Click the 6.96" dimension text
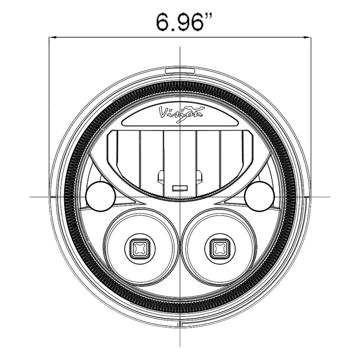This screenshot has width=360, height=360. (184, 22)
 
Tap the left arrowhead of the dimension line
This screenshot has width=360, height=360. (53, 37)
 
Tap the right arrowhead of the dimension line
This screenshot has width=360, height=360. (307, 37)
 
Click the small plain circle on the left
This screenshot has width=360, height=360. (100, 196)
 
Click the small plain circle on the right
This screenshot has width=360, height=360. (260, 196)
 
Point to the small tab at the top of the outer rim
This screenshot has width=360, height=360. (180, 71)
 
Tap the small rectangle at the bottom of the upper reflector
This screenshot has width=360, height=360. (180, 188)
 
